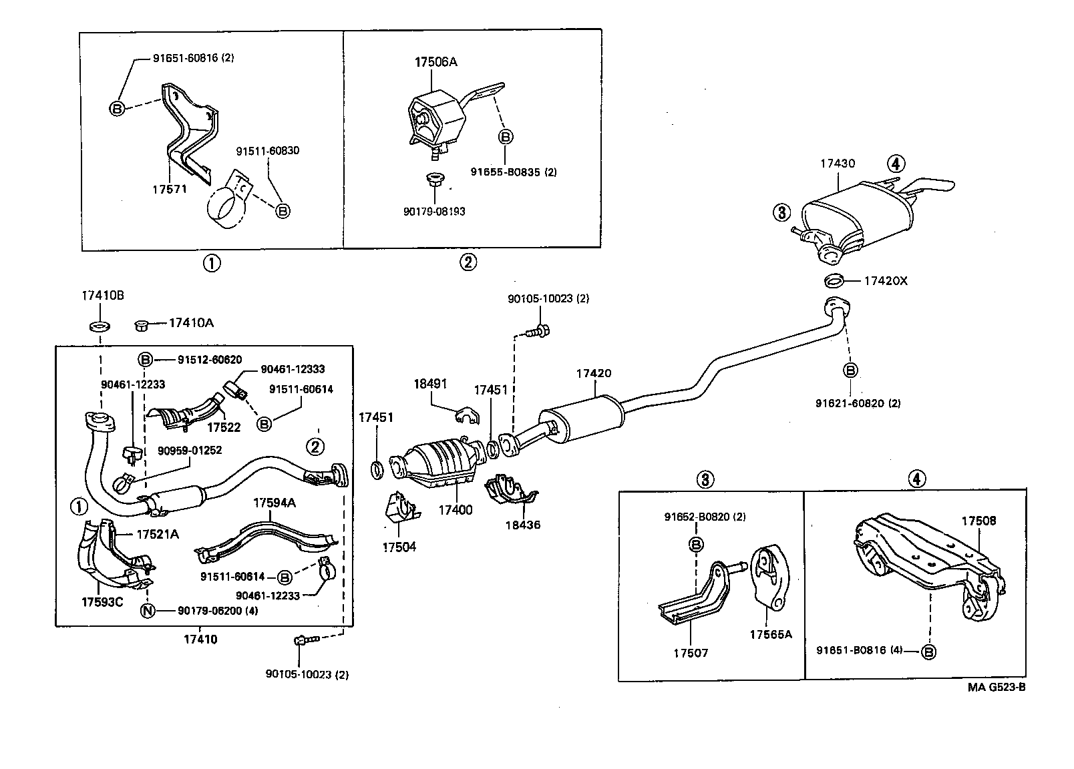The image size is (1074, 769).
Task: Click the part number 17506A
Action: [x=435, y=62]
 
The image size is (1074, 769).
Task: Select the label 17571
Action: [x=170, y=189]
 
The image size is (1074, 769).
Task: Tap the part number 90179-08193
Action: [x=434, y=211]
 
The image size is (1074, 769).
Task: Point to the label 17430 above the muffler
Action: [x=838, y=163]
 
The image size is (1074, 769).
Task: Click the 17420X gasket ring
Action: [x=835, y=280]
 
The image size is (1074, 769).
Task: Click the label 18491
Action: [x=431, y=384]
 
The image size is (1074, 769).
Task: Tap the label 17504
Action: [x=399, y=547]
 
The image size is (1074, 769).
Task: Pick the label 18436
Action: [x=523, y=525]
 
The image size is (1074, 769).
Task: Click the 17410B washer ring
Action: [x=100, y=326]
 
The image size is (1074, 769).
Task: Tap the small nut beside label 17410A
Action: [x=141, y=325]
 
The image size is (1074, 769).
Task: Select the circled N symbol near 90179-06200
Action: [x=148, y=610]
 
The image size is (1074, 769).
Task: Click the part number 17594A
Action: [x=274, y=503]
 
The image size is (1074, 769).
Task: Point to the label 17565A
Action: [x=770, y=634]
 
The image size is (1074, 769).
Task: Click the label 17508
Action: [x=978, y=521]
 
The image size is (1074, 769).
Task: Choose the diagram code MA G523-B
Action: [x=995, y=688]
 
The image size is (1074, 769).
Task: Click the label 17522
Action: [x=223, y=427]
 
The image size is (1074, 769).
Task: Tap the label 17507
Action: [x=691, y=653]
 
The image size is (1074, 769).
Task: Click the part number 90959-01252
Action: [x=190, y=451]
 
